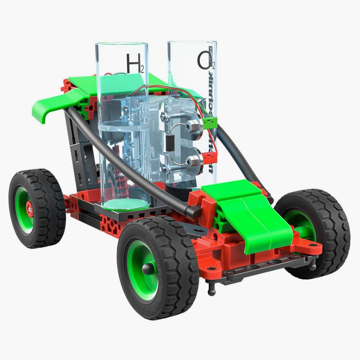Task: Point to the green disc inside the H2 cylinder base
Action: pyautogui.click(x=126, y=204)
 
